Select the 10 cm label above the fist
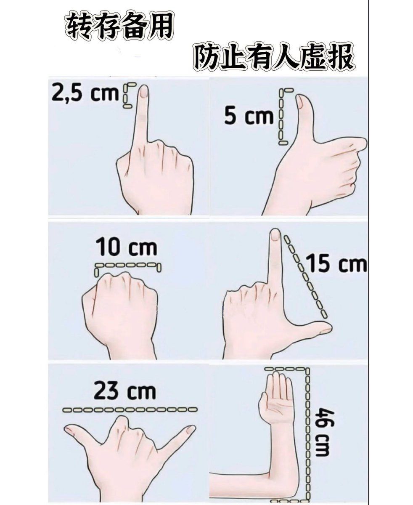point(126,247)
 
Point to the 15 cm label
point(336,264)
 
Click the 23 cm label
point(124,391)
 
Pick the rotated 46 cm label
point(324,432)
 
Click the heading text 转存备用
point(119,27)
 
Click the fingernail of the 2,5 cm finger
point(143,91)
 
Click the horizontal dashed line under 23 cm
point(130,409)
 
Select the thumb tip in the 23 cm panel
point(69,430)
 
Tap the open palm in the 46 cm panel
point(276,404)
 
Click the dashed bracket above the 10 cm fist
point(128,266)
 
